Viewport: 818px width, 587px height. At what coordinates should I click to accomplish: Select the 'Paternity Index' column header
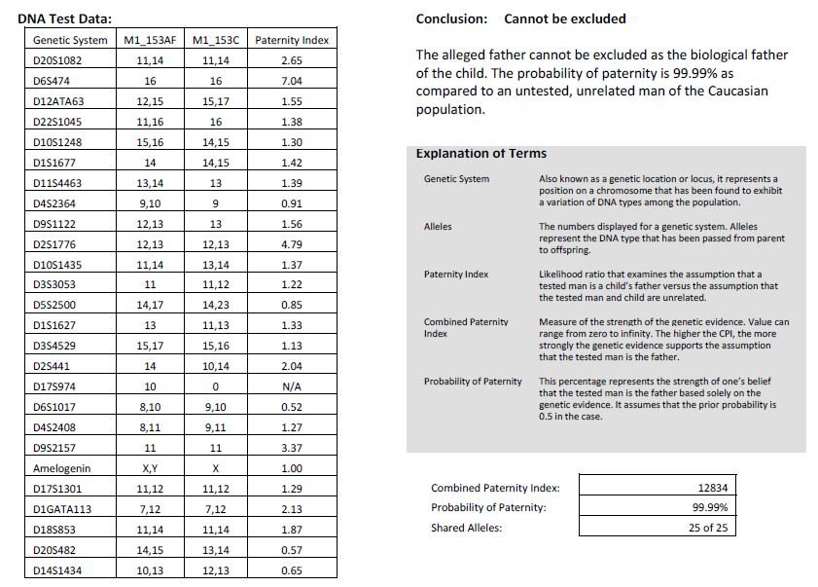(291, 40)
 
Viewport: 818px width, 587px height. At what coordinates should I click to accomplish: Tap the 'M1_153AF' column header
(150, 40)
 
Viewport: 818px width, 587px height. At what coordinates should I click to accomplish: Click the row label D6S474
(50, 81)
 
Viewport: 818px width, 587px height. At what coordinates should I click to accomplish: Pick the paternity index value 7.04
(291, 81)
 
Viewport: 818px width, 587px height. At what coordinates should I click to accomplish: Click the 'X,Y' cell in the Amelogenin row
(150, 468)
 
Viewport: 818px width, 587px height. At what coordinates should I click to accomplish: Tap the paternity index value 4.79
(291, 244)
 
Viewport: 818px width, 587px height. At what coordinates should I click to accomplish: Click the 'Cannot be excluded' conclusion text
(565, 18)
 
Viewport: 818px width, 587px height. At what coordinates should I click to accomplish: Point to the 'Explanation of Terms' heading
(480, 154)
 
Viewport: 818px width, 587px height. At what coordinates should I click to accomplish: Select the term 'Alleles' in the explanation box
(438, 227)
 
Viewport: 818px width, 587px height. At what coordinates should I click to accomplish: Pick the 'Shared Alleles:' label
(468, 528)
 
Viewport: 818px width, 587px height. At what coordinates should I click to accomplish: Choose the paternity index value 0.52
(291, 407)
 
